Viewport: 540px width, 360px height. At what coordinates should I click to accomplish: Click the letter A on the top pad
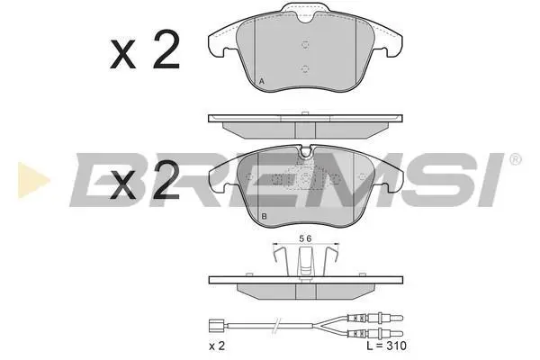262,82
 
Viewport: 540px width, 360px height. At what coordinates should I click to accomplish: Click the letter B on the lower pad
264,216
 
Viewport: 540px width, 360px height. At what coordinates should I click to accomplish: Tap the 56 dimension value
305,238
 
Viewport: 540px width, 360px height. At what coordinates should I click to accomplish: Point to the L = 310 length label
386,346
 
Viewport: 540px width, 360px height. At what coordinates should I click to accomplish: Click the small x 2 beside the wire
217,346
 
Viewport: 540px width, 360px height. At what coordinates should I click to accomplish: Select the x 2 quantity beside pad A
145,49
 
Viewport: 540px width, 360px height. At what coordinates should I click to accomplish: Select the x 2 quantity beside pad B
145,180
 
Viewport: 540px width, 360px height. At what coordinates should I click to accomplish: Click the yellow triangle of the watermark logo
33,180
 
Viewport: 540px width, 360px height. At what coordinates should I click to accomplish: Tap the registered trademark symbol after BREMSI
515,159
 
